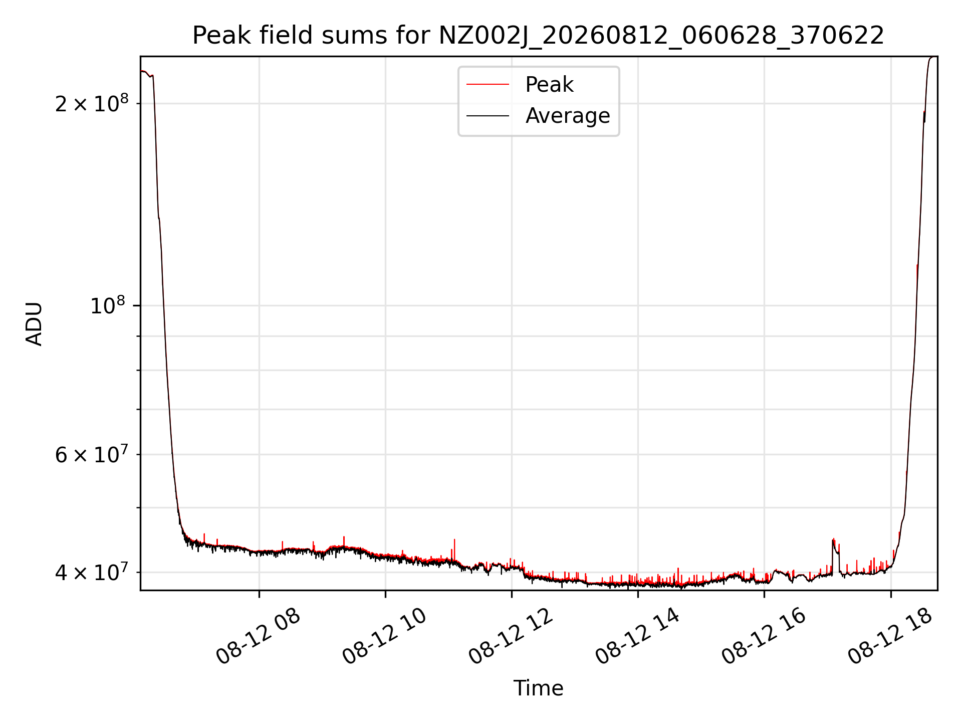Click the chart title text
coord(538,36)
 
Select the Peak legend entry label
coord(549,85)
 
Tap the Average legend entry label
coord(568,116)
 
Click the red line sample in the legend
coord(488,85)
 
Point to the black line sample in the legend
coord(488,116)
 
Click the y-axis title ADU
coord(34,323)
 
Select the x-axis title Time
coord(538,688)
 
